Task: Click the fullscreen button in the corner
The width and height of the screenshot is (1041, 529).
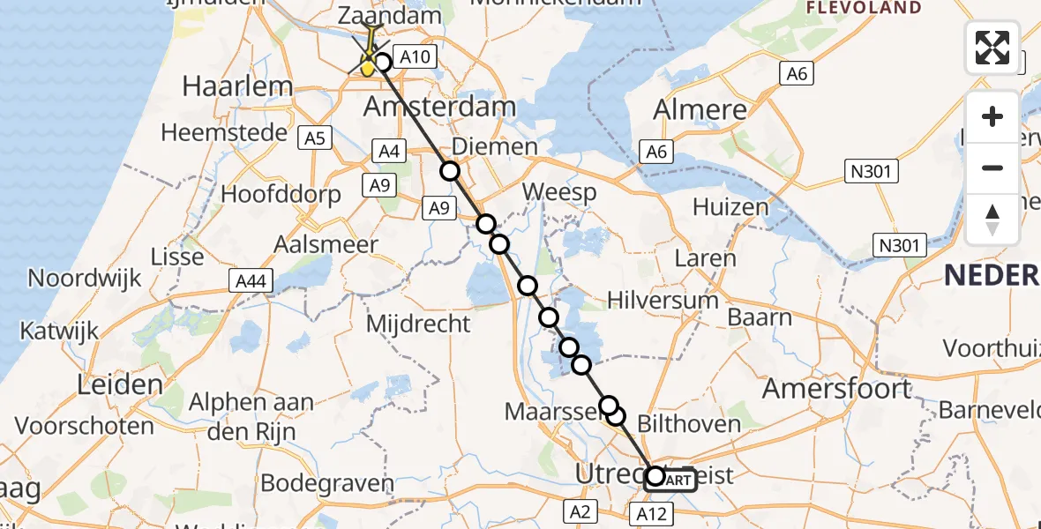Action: click(992, 47)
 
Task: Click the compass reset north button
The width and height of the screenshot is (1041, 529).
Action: click(992, 219)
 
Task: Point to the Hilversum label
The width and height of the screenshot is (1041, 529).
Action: click(663, 301)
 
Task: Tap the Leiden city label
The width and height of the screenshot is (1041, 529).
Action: click(120, 384)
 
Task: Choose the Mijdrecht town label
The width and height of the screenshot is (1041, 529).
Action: click(418, 324)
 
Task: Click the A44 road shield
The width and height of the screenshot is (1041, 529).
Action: click(252, 280)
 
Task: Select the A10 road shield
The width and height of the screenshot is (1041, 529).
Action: click(414, 58)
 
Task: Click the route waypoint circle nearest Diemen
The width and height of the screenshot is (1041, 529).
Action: click(451, 171)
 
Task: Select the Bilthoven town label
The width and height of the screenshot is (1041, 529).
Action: click(688, 424)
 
